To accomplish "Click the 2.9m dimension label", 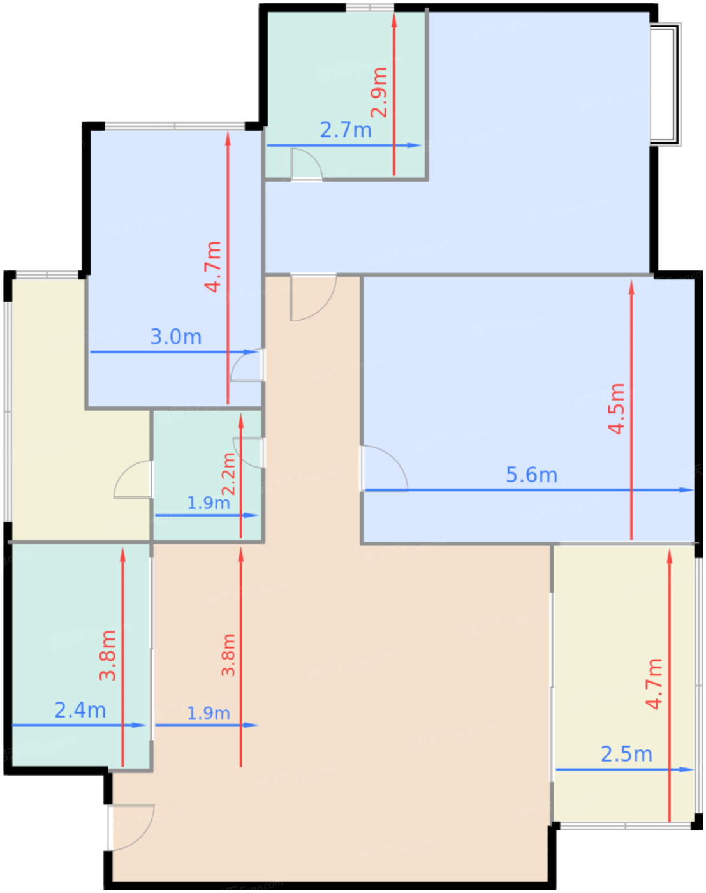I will pyautogui.click(x=379, y=92).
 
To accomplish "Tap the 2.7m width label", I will pyautogui.click(x=346, y=130).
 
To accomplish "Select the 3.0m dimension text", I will pyautogui.click(x=175, y=337).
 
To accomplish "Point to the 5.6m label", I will pyautogui.click(x=531, y=475).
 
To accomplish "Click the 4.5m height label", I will pyautogui.click(x=616, y=409).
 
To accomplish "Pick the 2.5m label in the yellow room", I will pyautogui.click(x=626, y=754).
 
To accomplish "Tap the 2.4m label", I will pyautogui.click(x=80, y=710).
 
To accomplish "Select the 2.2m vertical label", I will pyautogui.click(x=228, y=474).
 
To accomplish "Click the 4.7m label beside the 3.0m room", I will pyautogui.click(x=213, y=267).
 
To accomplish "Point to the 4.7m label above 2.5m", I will pyautogui.click(x=654, y=684).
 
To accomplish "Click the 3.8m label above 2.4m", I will pyautogui.click(x=108, y=655).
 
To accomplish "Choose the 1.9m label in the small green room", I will pyautogui.click(x=208, y=503).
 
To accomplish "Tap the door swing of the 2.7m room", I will pyautogui.click(x=306, y=165).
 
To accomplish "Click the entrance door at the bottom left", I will pyautogui.click(x=131, y=827).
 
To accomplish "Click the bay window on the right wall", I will pyautogui.click(x=665, y=84).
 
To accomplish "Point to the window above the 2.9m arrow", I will pyautogui.click(x=370, y=8).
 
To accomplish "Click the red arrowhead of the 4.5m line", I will pyautogui.click(x=631, y=287).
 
